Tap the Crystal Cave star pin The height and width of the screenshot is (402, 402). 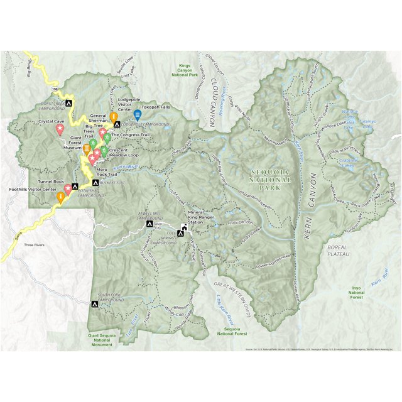[60, 129]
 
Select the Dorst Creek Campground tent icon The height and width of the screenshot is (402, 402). [70, 102]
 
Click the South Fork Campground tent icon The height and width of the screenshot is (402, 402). [94, 304]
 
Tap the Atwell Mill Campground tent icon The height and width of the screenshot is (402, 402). [149, 224]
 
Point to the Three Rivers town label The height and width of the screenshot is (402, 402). [35, 244]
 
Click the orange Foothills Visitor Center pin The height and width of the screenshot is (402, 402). [60, 197]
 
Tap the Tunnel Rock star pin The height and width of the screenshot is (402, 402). [68, 188]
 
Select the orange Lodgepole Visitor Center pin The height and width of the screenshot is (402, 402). [114, 117]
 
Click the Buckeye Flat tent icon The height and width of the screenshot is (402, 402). [95, 182]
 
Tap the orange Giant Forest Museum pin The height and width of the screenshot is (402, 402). [87, 149]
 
